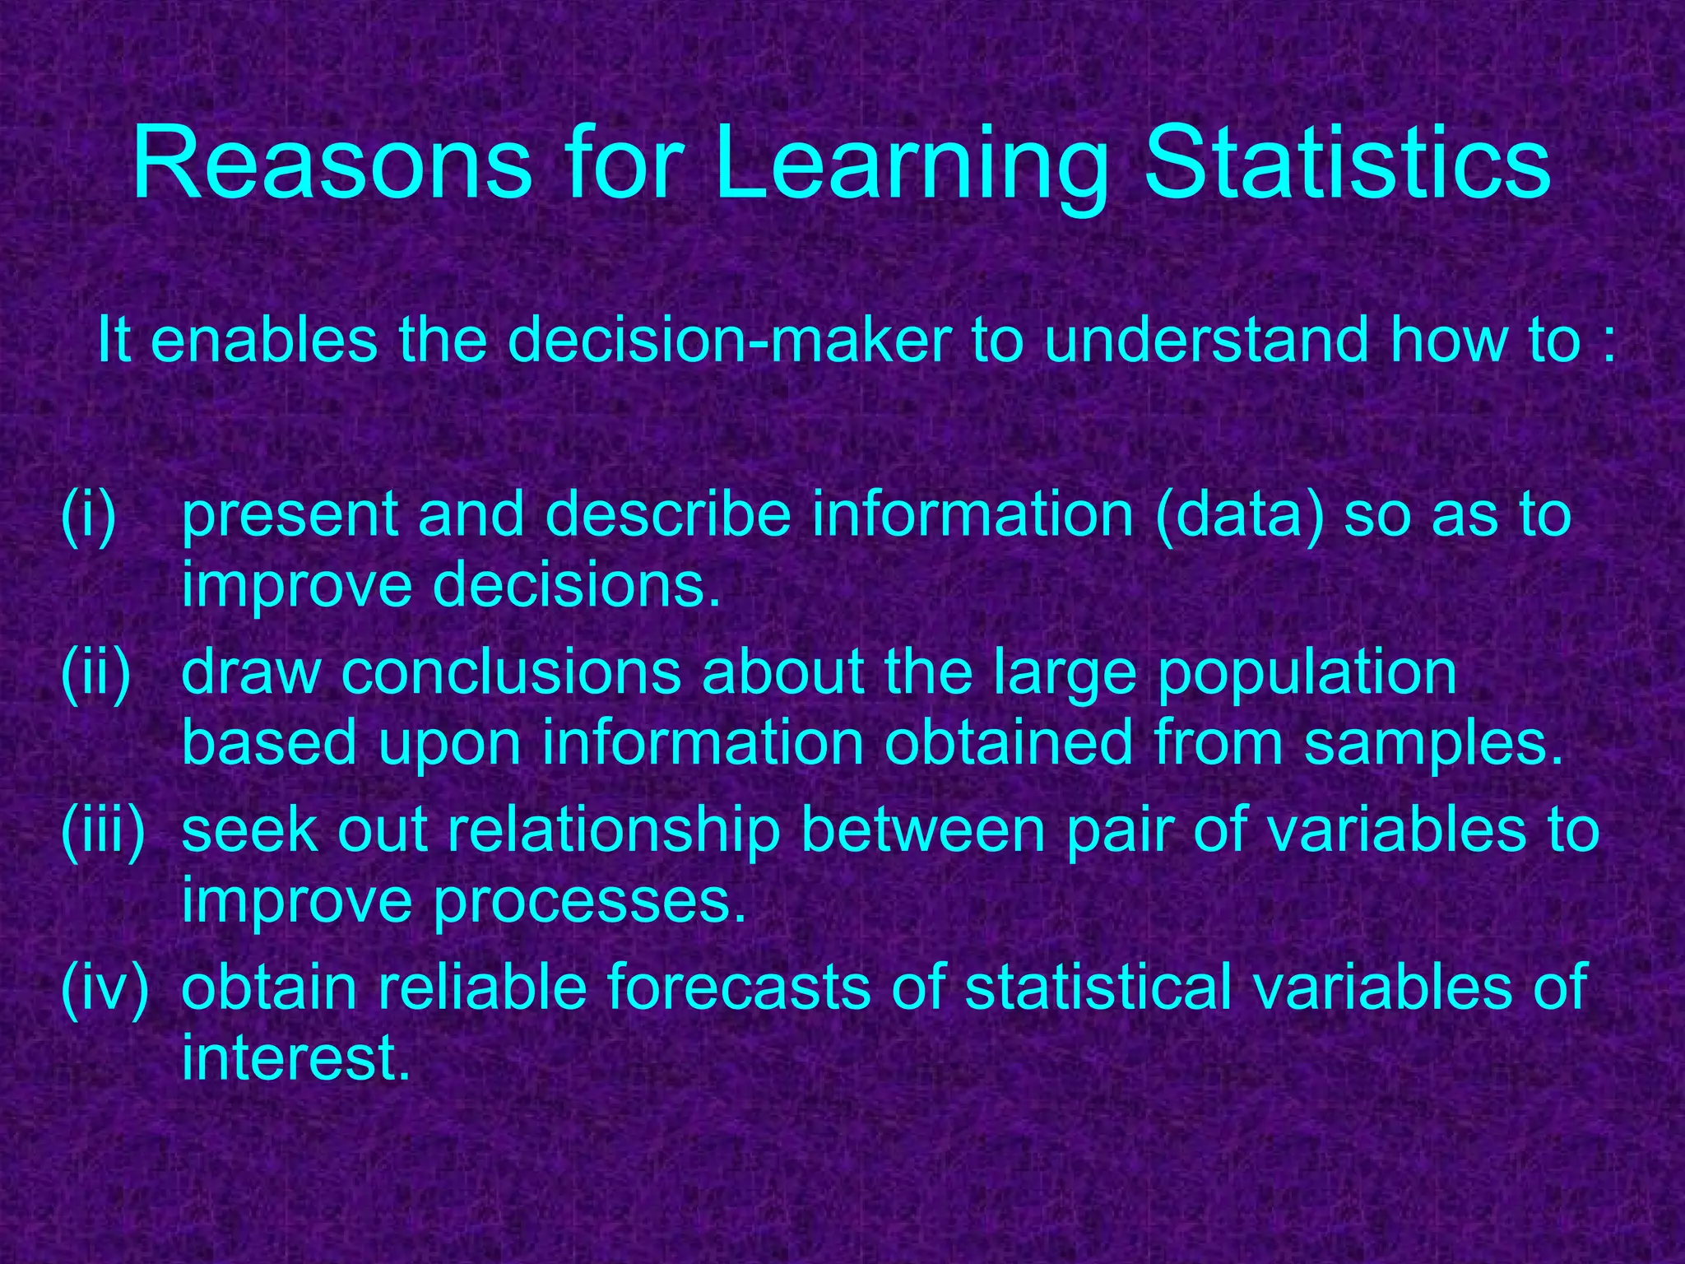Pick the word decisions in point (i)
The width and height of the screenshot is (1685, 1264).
[577, 585]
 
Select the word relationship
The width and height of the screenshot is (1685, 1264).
[614, 832]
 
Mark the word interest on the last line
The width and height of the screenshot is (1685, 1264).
[295, 1059]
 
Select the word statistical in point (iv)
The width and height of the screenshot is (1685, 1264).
[1099, 987]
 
